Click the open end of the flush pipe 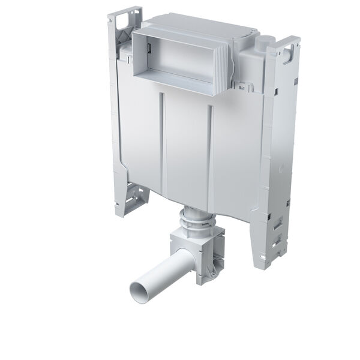point(138,292)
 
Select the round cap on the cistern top point(263,43)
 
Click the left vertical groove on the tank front point(161,144)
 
